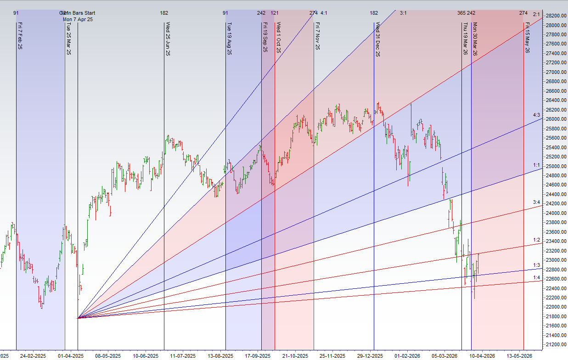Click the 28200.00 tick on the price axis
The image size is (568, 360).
click(x=555, y=16)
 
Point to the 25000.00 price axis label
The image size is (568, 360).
click(x=555, y=166)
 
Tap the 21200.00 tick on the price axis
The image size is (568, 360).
click(x=555, y=344)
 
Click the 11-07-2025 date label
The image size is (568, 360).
click(x=184, y=356)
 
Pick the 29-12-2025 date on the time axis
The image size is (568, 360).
click(x=371, y=356)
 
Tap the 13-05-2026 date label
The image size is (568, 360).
click(x=520, y=356)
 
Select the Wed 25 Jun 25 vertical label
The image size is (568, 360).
click(x=168, y=39)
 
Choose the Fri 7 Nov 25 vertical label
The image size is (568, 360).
click(x=318, y=36)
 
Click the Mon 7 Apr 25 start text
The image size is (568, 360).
click(x=78, y=19)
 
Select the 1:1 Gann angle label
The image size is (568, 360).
click(x=536, y=165)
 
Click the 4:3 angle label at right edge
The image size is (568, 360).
click(x=536, y=115)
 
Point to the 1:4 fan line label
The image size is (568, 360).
click(x=536, y=277)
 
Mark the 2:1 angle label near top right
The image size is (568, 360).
click(x=536, y=15)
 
